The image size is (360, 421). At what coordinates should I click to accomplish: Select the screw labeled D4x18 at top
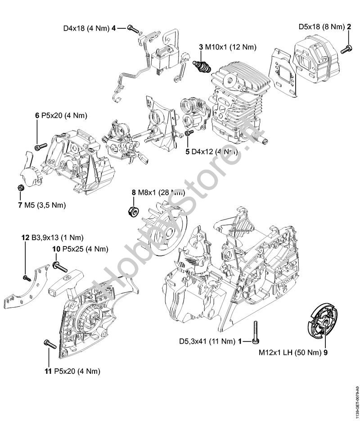(132, 28)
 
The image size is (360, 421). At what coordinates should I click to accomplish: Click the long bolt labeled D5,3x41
(255, 333)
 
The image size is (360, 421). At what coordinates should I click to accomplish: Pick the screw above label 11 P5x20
(49, 344)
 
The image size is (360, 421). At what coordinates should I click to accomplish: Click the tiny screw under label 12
(27, 277)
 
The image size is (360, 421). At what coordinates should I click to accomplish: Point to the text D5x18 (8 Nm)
(321, 27)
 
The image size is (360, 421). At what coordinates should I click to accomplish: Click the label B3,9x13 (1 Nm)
(58, 237)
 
